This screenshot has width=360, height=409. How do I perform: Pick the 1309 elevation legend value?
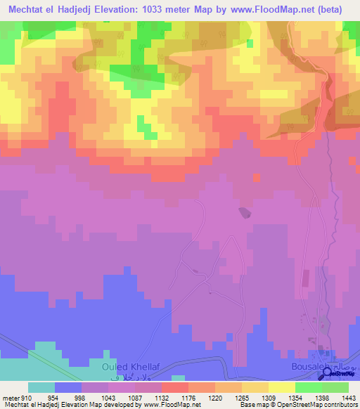pos(259,398)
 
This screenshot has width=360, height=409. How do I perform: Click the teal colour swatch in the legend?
pos(41,387)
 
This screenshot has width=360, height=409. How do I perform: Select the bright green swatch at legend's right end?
pos(335,387)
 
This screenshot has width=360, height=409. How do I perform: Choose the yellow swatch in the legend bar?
pos(282,387)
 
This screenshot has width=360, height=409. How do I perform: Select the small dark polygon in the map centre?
pos(243,212)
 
